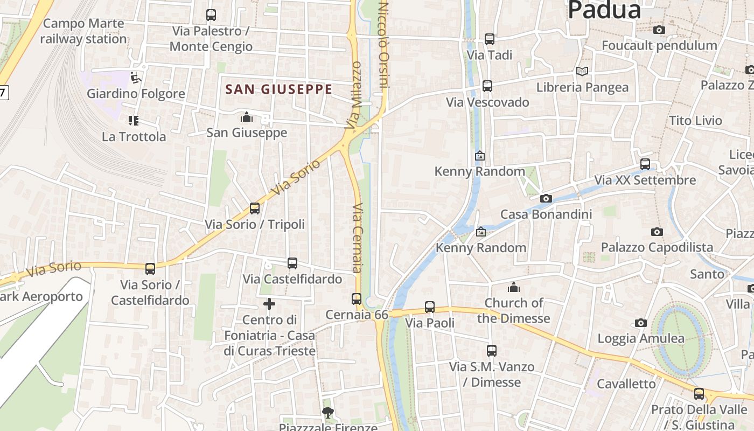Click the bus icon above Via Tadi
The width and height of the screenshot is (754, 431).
[x=489, y=39]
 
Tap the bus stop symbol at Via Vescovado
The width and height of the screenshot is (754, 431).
[x=487, y=86]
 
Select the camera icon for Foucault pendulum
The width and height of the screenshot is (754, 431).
[x=659, y=30]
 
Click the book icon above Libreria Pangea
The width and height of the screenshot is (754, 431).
[x=582, y=71]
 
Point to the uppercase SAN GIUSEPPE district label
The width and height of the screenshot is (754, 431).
[x=278, y=89]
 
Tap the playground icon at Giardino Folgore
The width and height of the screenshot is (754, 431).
[x=136, y=78]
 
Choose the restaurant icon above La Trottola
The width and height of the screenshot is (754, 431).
[x=133, y=121]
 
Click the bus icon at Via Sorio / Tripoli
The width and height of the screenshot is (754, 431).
[x=255, y=208]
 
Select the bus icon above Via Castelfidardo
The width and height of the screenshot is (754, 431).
[x=292, y=263]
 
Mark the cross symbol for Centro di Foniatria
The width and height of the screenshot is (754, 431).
[x=269, y=304]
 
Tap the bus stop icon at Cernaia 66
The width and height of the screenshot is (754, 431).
[x=357, y=299]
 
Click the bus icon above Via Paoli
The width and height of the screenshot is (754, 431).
[x=430, y=307]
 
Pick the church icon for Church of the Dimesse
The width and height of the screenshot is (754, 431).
[x=514, y=287]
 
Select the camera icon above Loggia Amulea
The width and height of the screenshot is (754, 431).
[x=640, y=323]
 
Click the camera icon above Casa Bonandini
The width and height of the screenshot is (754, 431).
[x=546, y=198]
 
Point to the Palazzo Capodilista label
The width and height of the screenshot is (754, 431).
[x=657, y=247]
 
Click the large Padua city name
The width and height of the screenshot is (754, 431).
[x=604, y=10]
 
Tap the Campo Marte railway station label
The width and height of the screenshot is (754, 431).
[x=83, y=31]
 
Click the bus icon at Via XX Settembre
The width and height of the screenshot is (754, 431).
[x=645, y=164]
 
